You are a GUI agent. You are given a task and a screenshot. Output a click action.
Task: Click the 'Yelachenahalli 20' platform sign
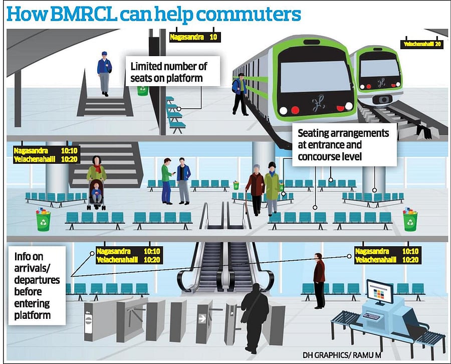[x=422, y=44]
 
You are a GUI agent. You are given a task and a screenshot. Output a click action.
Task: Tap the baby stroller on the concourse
[x=96, y=195]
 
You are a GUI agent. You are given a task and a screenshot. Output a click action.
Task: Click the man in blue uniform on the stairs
[x=104, y=73]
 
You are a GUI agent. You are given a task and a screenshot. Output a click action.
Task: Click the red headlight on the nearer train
[x=296, y=110]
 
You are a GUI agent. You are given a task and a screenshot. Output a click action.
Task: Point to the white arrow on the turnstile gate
[x=203, y=317]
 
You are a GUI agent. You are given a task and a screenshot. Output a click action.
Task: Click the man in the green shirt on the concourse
[x=167, y=180]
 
